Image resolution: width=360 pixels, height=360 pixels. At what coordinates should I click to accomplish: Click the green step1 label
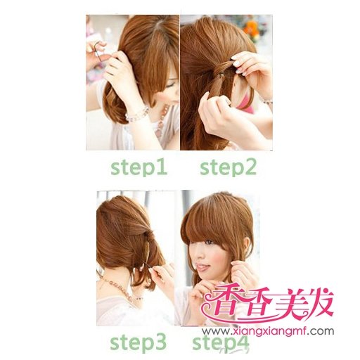[x=139, y=168]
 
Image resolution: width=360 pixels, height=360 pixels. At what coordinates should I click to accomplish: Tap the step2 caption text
[x=228, y=168]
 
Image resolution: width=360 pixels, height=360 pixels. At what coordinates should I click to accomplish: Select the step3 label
[x=139, y=342]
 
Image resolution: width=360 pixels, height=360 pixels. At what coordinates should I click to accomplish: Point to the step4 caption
[x=221, y=342]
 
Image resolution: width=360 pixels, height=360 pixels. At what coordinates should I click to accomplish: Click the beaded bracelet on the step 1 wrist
[x=138, y=115]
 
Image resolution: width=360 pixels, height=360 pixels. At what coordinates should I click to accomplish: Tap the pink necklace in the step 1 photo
[x=162, y=122]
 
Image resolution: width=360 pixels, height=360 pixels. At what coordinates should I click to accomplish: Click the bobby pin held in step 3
[x=148, y=266]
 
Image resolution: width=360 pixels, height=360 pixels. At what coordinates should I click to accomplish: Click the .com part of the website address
[x=321, y=331]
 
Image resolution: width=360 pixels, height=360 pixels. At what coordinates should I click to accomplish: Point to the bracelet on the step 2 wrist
[x=267, y=102]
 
